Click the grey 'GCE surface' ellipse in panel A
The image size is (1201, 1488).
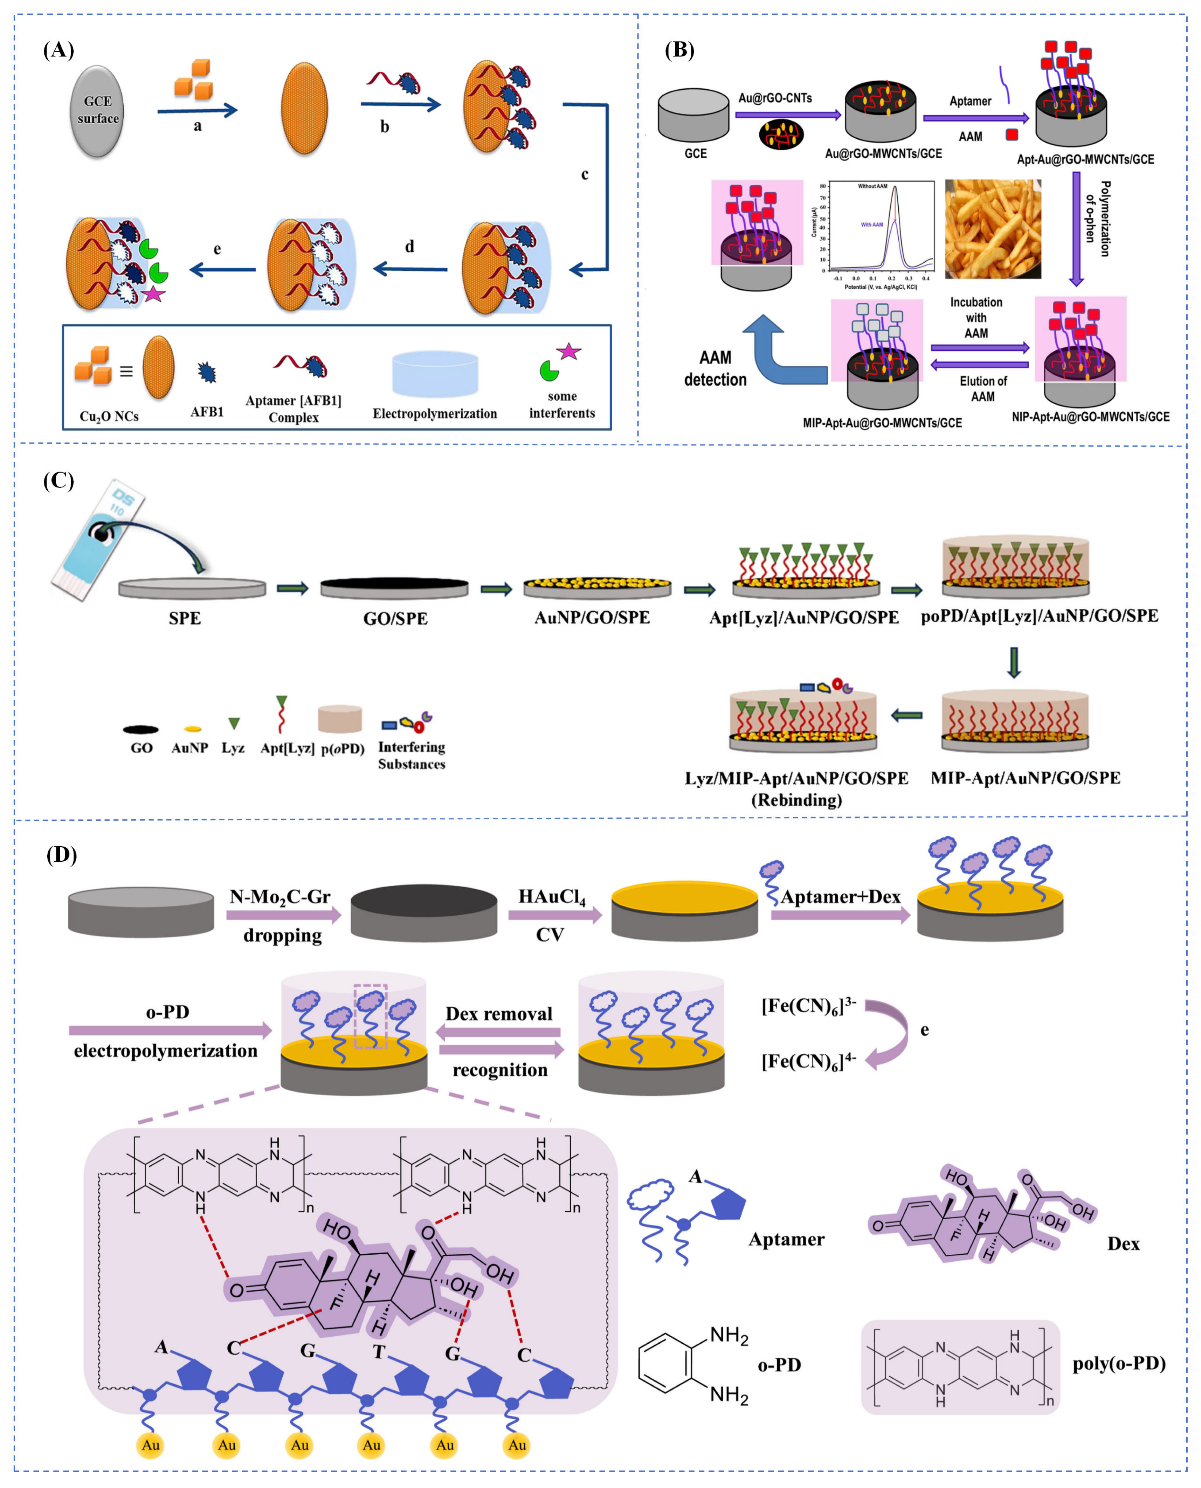(98, 111)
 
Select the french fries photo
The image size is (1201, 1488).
(993, 228)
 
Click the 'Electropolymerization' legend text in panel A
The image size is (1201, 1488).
(434, 414)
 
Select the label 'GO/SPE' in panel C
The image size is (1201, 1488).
(395, 619)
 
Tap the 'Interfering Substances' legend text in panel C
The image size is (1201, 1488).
(412, 756)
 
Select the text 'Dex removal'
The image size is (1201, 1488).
(499, 1014)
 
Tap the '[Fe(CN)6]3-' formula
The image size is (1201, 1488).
(808, 1006)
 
